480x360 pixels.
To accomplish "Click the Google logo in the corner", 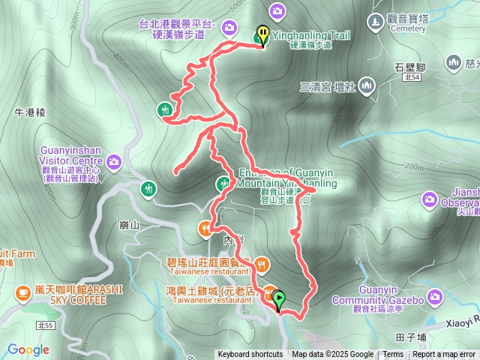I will (28, 349).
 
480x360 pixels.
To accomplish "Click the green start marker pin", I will (280, 300).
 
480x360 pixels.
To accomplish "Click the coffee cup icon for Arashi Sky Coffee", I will (20, 289).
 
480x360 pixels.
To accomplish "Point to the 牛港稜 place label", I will (31, 112).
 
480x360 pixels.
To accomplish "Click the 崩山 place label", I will (129, 225).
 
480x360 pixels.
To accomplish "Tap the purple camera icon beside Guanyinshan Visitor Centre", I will (114, 160).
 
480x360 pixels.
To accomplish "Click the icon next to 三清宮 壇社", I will (366, 85).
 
